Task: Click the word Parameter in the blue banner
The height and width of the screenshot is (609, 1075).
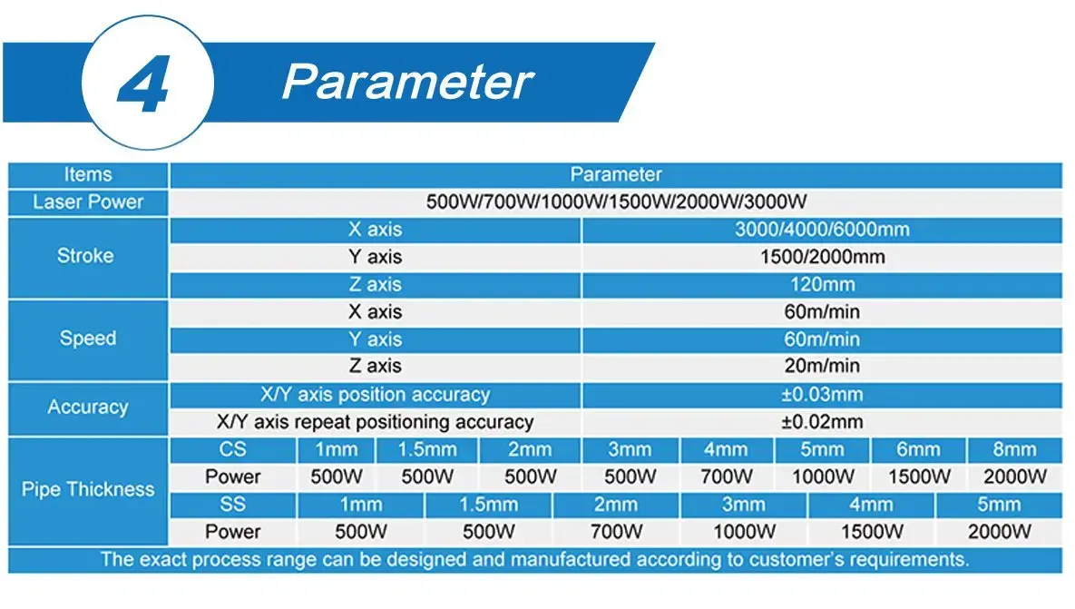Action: [x=406, y=82]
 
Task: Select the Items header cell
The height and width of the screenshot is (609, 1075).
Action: [x=88, y=175]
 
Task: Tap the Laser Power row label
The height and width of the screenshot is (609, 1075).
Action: [x=88, y=202]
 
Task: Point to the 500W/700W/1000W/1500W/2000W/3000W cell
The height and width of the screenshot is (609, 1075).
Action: [x=616, y=202]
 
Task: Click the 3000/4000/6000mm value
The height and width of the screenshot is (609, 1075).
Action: [x=821, y=230]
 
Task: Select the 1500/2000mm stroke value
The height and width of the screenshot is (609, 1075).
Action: [x=821, y=257]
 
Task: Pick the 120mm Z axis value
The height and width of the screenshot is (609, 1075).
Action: [x=821, y=284]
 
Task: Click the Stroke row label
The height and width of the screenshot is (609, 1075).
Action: [x=85, y=256]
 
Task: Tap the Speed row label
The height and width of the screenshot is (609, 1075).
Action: [x=88, y=339]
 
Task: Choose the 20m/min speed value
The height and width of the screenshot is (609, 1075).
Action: [x=821, y=366]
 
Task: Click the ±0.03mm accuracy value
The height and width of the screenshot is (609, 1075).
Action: [x=821, y=395]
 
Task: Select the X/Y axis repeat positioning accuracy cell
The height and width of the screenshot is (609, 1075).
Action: [x=376, y=422]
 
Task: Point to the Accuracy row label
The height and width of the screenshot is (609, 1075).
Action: [x=87, y=408]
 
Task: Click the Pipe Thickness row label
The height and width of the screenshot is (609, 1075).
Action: [x=88, y=490]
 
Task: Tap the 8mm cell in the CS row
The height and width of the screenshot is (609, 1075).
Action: [x=1013, y=449]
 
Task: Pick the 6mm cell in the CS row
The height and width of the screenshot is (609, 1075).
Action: [x=918, y=449]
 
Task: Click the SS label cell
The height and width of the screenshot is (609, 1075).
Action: [x=232, y=504]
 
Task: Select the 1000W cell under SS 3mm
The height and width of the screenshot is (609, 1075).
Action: [x=744, y=531]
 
